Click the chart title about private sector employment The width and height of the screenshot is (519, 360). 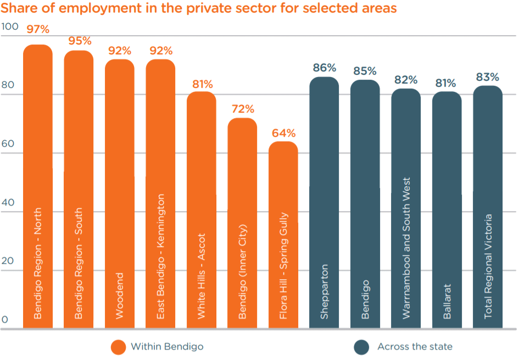point(199,8)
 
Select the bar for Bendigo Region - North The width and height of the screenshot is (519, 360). point(38,187)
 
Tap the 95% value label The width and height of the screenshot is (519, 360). point(79,41)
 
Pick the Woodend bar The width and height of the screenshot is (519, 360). point(120,192)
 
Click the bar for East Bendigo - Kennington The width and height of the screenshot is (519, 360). point(160,192)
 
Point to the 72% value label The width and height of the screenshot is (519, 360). point(242,109)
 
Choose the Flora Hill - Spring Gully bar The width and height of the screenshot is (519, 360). point(283,236)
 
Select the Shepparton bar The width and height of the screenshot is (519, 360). point(324,203)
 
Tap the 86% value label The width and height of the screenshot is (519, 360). point(324,68)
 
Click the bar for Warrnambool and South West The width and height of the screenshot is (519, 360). point(406,209)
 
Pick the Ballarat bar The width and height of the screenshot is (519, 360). point(447,209)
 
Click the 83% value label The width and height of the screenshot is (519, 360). point(488,77)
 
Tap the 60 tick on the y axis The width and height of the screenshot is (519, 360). point(8,143)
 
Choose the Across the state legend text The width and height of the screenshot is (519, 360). point(415,347)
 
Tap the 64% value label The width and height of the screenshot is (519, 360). point(283,133)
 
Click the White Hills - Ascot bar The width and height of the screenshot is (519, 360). point(202,209)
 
